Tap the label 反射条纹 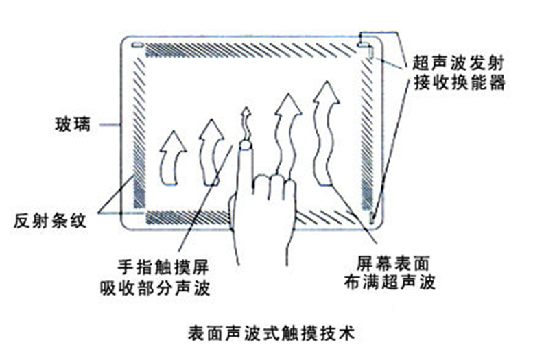coord(51,222)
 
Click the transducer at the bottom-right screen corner coord(372,218)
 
